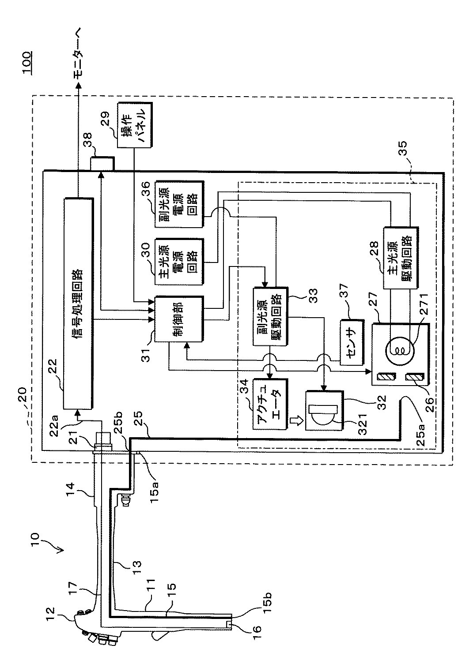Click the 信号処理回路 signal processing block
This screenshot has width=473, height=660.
[x=78, y=304]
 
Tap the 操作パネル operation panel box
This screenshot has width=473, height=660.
[x=135, y=125]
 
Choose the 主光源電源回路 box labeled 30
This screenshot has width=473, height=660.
[x=179, y=262]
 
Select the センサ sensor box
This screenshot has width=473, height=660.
[x=352, y=342]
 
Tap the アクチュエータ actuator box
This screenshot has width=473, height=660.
[x=270, y=404]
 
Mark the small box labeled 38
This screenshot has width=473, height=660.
[x=102, y=164]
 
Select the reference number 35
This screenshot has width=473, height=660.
[x=402, y=149]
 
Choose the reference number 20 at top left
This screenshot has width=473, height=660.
[x=22, y=395]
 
